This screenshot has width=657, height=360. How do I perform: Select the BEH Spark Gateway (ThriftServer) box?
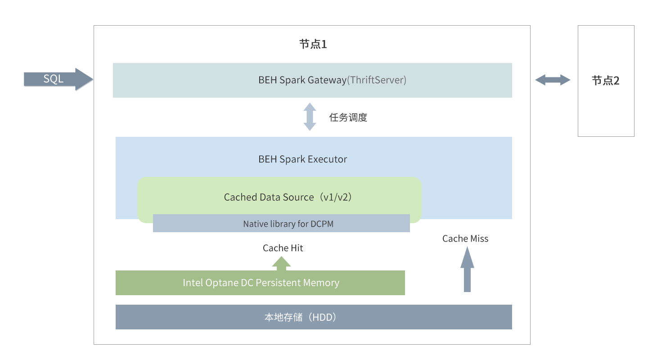(312, 80)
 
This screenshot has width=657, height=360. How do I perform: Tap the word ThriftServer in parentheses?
(377, 80)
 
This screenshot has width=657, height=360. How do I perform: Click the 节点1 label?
(313, 44)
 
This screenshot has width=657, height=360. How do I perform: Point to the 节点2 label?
(605, 81)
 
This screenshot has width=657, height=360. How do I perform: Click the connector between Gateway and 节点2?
(553, 80)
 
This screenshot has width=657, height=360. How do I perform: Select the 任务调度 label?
(349, 117)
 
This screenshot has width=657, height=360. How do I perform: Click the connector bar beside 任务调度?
(310, 117)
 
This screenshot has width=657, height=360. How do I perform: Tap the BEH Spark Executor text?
(302, 159)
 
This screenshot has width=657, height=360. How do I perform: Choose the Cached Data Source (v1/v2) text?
(288, 197)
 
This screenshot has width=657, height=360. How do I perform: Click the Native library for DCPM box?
(281, 224)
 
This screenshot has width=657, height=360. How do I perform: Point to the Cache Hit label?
(283, 248)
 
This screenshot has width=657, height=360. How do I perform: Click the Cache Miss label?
(465, 238)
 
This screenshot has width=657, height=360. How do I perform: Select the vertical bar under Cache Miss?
(467, 269)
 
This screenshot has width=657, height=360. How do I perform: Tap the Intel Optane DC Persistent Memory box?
(260, 283)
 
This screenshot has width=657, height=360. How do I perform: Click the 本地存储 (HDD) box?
(314, 317)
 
